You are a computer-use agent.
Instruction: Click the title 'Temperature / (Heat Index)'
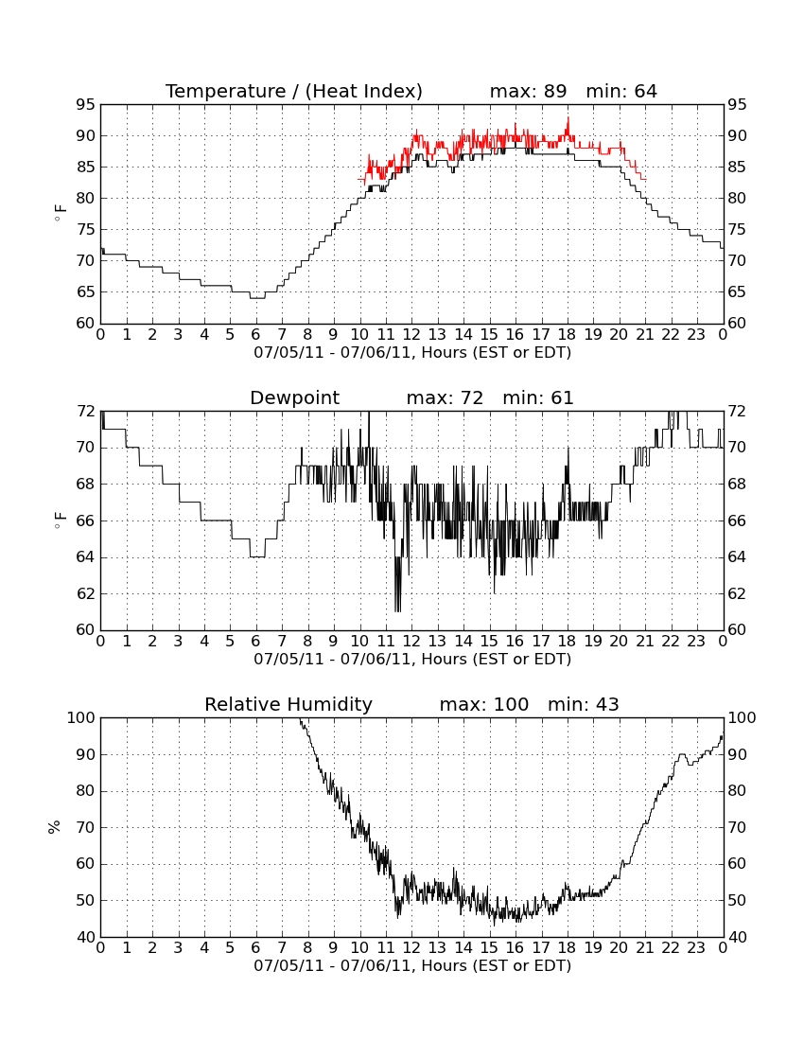point(294,91)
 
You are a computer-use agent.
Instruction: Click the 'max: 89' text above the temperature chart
point(528,91)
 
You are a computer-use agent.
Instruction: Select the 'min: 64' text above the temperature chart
point(621,91)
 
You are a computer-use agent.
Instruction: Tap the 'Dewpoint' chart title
point(294,398)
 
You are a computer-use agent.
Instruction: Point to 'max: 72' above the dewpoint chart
point(445,398)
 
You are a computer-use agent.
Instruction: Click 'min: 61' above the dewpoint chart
point(538,398)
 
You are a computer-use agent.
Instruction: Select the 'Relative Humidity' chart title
point(288,705)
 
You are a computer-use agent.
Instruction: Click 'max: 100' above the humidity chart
point(484,705)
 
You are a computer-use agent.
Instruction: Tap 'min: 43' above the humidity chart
point(583,705)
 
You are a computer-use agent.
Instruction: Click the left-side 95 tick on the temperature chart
point(85,105)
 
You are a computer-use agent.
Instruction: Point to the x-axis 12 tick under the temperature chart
point(411,335)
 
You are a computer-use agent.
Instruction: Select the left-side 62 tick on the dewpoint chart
point(85,593)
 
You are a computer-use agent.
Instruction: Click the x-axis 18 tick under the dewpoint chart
point(568,642)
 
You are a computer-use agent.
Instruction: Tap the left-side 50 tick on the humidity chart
point(85,901)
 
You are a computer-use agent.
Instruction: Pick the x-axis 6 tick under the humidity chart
point(256,948)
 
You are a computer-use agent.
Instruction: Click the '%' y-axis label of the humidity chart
point(55,827)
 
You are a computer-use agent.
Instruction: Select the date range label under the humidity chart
point(412,965)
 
